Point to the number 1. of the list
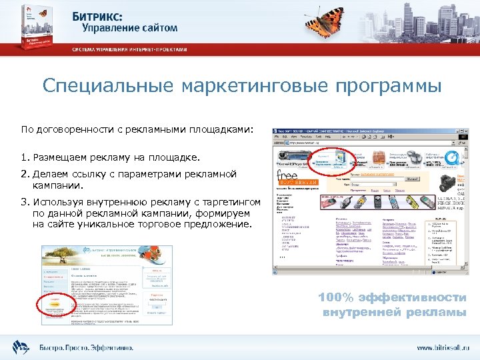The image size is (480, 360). (x=25, y=157)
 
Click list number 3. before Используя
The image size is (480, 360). (x=25, y=202)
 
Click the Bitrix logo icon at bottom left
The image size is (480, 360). (x=20, y=347)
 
